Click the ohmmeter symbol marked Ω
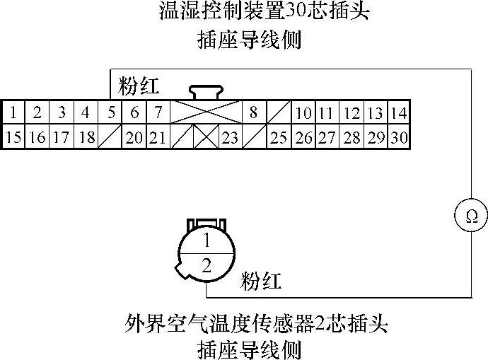click(471, 216)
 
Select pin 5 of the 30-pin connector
click(111, 112)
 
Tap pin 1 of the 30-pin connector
click(13, 112)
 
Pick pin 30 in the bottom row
click(399, 137)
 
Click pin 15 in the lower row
click(13, 137)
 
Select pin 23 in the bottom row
click(229, 137)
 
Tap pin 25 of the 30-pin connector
click(279, 137)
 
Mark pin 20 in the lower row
click(134, 137)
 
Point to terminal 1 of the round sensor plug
click(207, 240)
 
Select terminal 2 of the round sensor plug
click(207, 266)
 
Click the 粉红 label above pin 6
click(139, 87)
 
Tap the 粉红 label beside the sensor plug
click(261, 281)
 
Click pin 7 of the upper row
click(158, 112)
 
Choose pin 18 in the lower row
click(86, 137)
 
